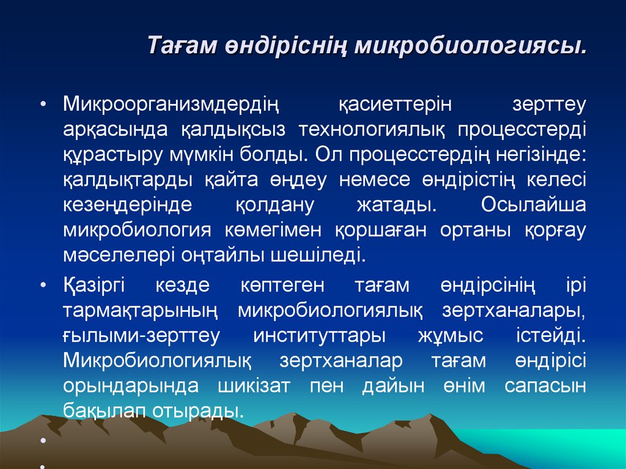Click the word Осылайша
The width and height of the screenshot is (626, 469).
point(533,204)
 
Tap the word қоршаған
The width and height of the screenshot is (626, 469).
point(380,229)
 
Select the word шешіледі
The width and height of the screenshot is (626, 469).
point(314,254)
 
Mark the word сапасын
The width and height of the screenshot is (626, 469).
point(545,386)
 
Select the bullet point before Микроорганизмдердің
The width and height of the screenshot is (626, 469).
point(43,105)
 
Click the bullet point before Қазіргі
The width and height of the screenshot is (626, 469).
point(43,286)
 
